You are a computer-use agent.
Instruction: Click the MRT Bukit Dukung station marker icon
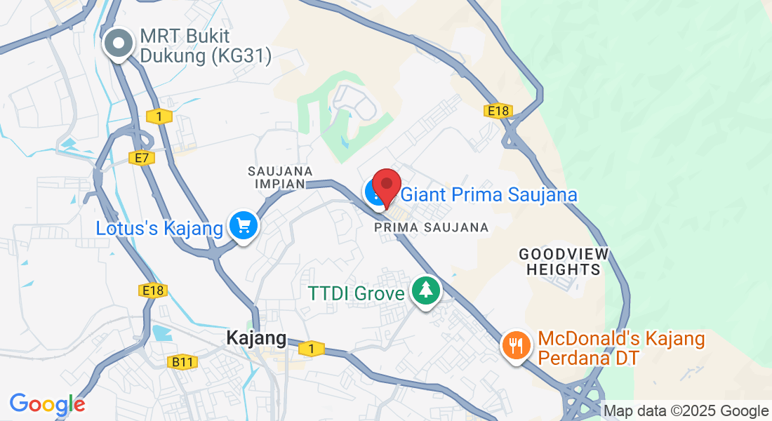pos(119,44)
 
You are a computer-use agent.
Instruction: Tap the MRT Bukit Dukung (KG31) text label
pos(205,46)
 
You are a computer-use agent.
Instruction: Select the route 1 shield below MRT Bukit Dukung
pos(160,116)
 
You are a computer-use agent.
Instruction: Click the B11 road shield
pos(182,362)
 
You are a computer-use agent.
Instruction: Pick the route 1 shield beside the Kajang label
pos(311,348)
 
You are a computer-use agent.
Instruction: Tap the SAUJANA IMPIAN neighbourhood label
pos(280,178)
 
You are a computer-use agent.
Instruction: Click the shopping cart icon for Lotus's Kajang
pos(244,226)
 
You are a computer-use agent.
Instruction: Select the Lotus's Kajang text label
pos(160,228)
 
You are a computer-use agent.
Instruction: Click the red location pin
pos(386,186)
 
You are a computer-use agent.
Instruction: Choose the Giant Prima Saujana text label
pos(488,194)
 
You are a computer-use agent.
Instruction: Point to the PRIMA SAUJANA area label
pos(432,227)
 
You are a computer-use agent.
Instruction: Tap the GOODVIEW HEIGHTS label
pos(564,261)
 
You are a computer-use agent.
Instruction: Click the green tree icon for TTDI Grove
pos(425,290)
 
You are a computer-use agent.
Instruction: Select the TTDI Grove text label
pos(357,292)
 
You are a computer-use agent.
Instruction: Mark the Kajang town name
pos(256,339)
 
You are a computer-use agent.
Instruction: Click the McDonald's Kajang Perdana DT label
pos(621,349)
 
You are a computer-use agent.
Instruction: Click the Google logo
pos(47,404)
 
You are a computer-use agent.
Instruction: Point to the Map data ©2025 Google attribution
pos(686,411)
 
